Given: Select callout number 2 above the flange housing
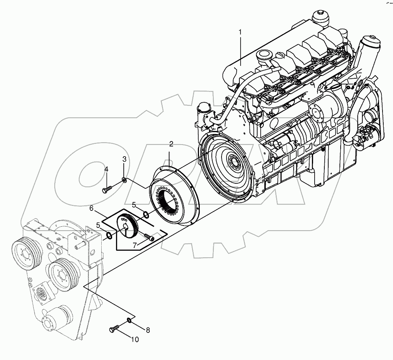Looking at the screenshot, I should pos(171,145).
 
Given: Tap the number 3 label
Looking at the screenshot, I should pos(124,159).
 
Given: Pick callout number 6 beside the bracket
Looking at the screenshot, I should pos(92,208).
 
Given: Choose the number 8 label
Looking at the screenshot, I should pos(147,330).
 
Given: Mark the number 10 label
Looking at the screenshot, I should pos(135,340).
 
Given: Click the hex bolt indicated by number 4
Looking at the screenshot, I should pos(107,189).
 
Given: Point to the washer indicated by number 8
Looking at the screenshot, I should pos(128,320).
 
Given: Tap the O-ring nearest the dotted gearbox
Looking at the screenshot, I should pos(109,235).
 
